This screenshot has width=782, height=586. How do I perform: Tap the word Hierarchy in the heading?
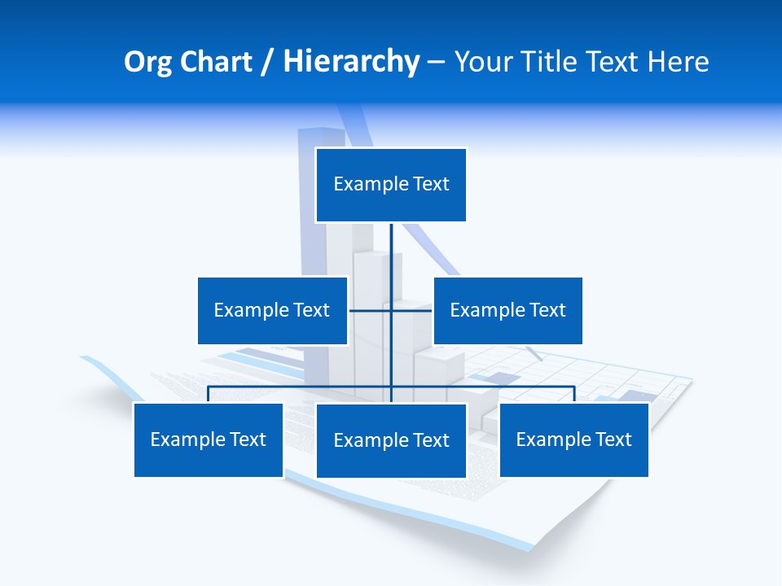pos(351,62)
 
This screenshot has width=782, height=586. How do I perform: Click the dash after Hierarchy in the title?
pos(437,62)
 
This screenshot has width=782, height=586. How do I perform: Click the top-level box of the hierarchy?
pos(391,185)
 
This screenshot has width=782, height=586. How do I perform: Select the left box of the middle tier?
pos(272,310)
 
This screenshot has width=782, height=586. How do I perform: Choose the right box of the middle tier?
pos(507,310)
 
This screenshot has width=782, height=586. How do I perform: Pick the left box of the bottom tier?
pos(208,439)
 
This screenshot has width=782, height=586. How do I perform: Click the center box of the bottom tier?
pos(391,440)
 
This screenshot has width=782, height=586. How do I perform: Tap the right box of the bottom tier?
pos(573,439)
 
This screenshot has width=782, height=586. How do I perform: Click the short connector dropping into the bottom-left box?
pos(208,394)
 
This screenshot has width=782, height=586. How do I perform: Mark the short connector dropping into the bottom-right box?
pos(574,394)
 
